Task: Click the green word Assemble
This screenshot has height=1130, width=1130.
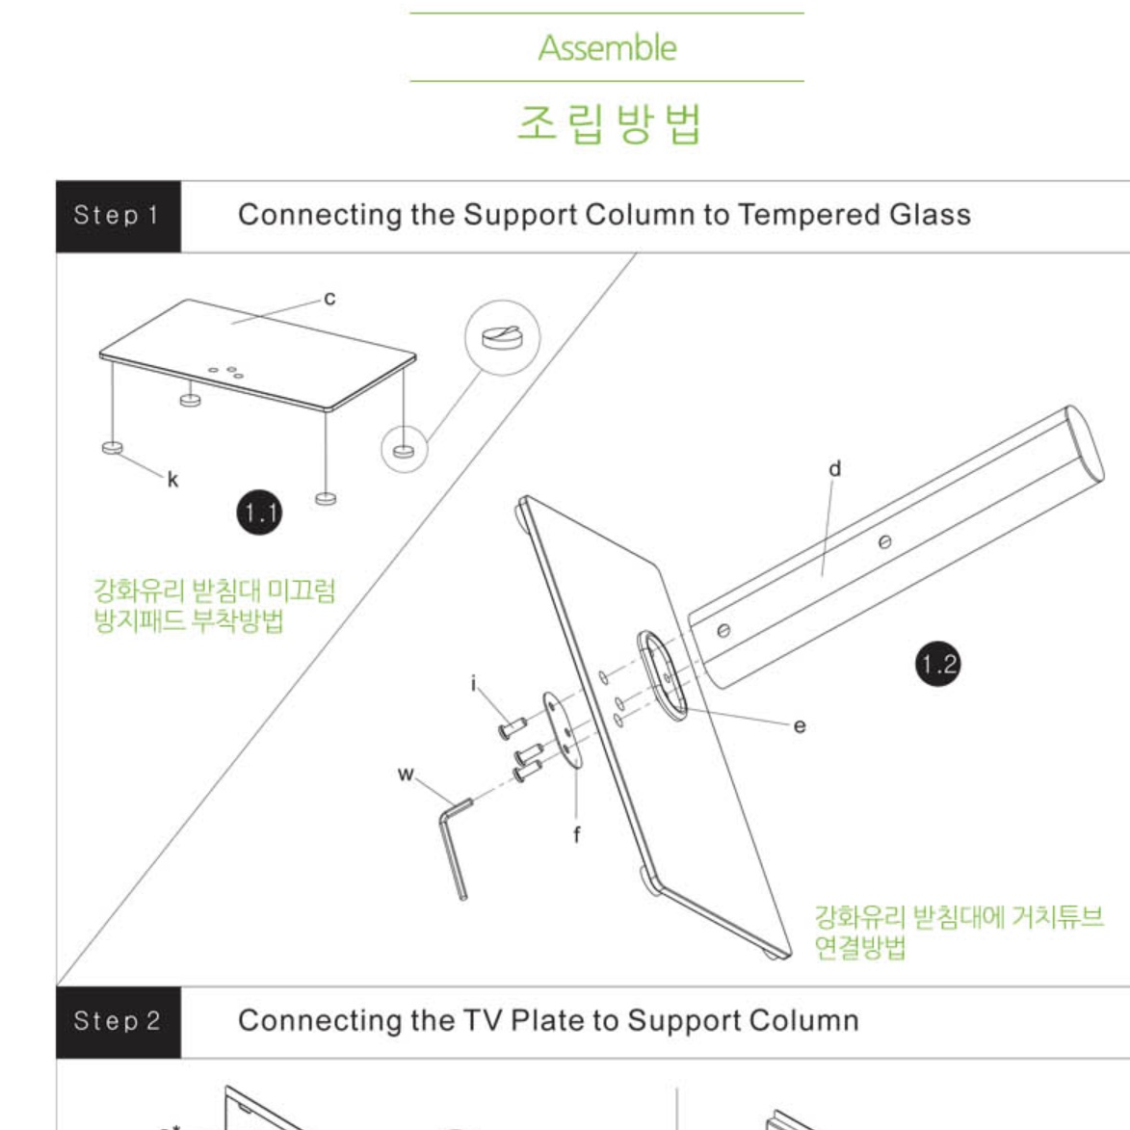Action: [x=607, y=48]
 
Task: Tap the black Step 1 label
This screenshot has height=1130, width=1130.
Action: [x=118, y=216]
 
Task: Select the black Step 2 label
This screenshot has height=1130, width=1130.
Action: [x=118, y=1022]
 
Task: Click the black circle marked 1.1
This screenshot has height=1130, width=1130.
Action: [x=259, y=512]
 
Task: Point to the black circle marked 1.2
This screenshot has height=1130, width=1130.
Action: [x=937, y=663]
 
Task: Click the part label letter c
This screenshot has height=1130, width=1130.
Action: [x=329, y=299]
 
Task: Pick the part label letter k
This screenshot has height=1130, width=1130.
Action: [x=173, y=479]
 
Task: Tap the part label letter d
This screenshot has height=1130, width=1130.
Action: [x=834, y=468]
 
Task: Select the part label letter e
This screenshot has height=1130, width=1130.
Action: [x=800, y=725]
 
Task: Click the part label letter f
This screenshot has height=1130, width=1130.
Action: [x=576, y=834]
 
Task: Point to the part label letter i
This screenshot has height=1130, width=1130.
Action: [x=473, y=682]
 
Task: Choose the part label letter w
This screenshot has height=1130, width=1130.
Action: [x=406, y=774]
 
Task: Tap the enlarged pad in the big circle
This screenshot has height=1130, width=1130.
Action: [x=502, y=337]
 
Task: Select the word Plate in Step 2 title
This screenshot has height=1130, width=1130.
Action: [x=550, y=1020]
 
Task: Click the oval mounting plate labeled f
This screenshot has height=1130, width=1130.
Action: [x=562, y=731]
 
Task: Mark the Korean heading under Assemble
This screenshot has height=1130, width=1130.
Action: [x=609, y=123]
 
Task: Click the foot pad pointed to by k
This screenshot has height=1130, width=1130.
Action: [x=113, y=448]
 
